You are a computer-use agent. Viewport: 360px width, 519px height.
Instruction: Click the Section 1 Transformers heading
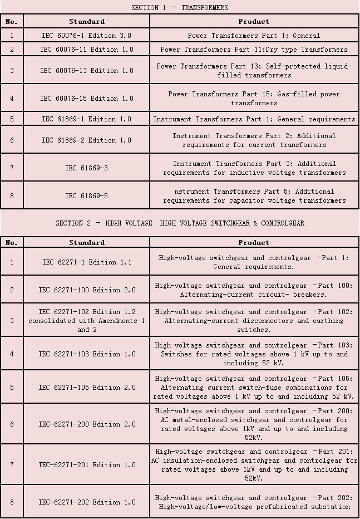(179, 7)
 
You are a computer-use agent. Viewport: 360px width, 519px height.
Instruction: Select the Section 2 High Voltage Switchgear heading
(180, 223)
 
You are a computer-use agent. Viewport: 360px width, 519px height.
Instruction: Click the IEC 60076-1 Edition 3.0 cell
(86, 36)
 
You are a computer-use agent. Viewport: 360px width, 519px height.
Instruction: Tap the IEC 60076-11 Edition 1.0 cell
(86, 50)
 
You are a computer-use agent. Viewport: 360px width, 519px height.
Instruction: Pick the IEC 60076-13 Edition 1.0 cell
(86, 71)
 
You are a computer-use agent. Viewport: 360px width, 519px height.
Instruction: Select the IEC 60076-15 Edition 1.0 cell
(86, 99)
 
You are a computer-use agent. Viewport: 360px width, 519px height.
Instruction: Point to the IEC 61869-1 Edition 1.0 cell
(86, 119)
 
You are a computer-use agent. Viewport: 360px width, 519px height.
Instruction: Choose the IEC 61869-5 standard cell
(86, 195)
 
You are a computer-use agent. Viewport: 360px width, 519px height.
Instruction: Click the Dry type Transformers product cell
(254, 50)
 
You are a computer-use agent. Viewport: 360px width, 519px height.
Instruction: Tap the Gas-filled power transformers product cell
(254, 99)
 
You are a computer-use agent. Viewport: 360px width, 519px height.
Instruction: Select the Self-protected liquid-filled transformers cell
(254, 71)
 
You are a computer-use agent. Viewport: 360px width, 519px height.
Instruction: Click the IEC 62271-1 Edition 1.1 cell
(86, 262)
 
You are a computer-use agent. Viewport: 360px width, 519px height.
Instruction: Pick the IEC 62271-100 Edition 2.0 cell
(86, 290)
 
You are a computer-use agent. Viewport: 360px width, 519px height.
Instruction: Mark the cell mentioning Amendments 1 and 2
(86, 321)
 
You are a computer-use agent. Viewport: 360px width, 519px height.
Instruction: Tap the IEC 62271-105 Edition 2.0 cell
(86, 388)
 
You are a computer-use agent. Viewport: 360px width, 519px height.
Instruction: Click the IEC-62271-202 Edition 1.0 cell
(86, 502)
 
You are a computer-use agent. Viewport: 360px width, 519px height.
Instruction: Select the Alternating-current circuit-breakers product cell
(254, 290)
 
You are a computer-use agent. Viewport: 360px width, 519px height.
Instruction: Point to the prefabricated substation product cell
(254, 502)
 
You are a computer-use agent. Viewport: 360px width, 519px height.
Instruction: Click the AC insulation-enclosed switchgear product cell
(254, 464)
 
